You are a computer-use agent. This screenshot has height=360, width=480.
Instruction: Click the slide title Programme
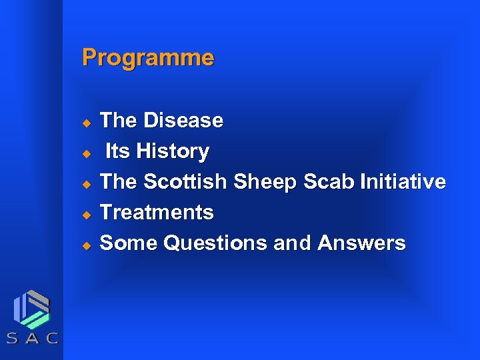pyautogui.click(x=147, y=59)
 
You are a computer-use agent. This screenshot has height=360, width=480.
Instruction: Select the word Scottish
pyautogui.click(x=185, y=182)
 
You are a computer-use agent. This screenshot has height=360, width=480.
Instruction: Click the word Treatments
pyautogui.click(x=156, y=213)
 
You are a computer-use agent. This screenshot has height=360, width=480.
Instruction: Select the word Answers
pyautogui.click(x=361, y=243)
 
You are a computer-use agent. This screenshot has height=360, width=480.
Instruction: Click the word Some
pyautogui.click(x=129, y=243)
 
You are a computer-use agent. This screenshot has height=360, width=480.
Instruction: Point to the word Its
pyautogui.click(x=117, y=151)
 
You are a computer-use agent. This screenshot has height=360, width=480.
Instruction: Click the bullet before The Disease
pyautogui.click(x=85, y=123)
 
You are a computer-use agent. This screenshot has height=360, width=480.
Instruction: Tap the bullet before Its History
pyautogui.click(x=85, y=153)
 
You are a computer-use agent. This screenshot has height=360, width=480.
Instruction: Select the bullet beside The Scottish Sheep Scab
pyautogui.click(x=85, y=184)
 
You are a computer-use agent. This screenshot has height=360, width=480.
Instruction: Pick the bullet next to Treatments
pyautogui.click(x=85, y=215)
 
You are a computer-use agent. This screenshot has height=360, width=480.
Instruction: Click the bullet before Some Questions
pyautogui.click(x=85, y=245)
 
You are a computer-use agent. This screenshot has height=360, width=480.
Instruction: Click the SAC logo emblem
pyautogui.click(x=32, y=308)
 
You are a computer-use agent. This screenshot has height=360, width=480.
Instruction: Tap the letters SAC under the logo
pyautogui.click(x=32, y=338)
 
